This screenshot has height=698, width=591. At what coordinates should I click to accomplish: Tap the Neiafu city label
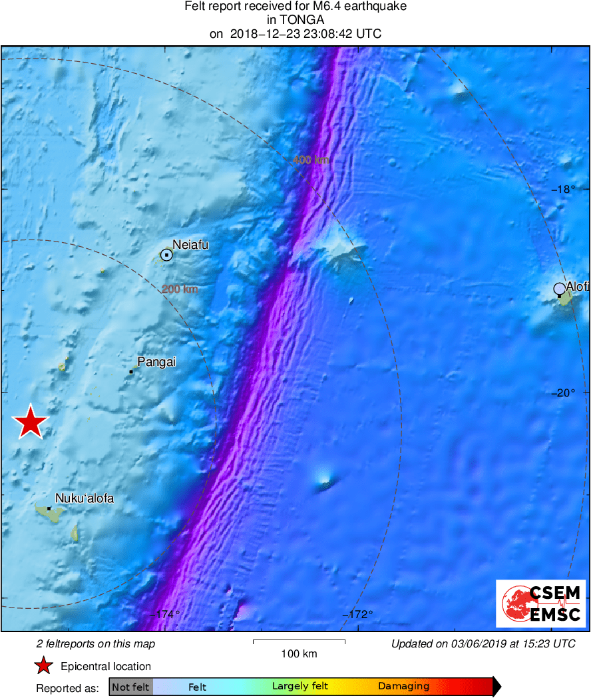point(190,245)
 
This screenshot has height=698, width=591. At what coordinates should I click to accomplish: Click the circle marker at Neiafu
point(166,254)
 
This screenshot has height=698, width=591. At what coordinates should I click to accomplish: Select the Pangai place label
point(152,362)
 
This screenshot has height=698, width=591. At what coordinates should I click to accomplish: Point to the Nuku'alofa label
point(85,498)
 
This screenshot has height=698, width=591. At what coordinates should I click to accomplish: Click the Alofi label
point(578,286)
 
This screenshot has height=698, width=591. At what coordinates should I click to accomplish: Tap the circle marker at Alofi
point(560,289)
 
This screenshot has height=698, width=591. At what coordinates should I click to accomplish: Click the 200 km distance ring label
point(180,289)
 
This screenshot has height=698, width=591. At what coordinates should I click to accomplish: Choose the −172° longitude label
point(357,614)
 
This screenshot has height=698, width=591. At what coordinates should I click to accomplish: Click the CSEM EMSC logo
point(540,604)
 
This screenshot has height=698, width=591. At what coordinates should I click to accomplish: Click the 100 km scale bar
point(299,642)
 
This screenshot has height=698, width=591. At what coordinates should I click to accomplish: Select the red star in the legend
point(44,666)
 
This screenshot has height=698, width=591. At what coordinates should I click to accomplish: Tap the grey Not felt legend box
point(130,687)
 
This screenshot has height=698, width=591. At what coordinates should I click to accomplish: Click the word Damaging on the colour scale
point(403,687)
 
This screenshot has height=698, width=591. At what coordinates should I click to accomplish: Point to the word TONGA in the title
point(295,20)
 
